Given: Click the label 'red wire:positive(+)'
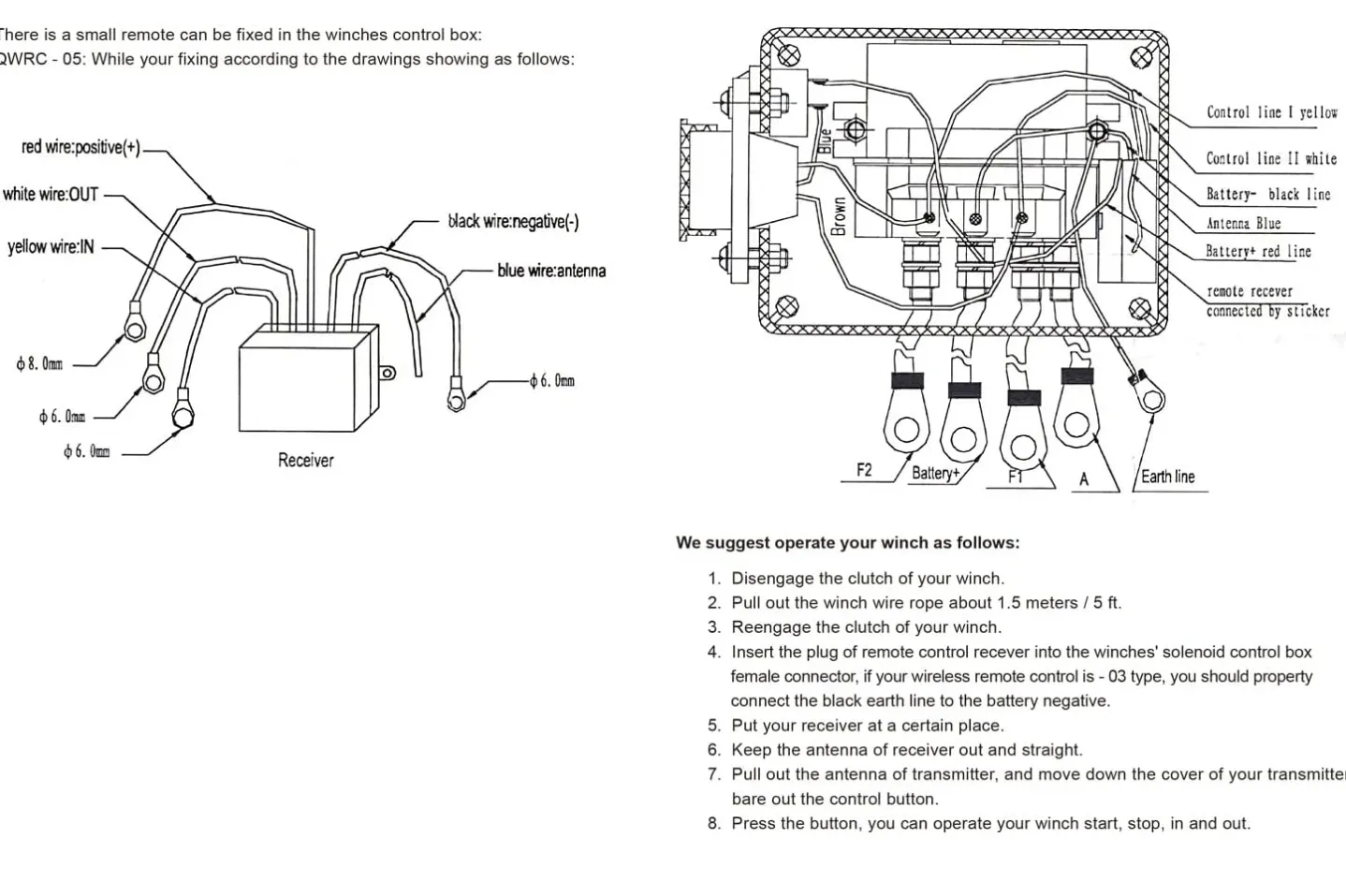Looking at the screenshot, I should click(x=80, y=147).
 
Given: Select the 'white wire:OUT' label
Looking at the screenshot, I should click(x=51, y=195).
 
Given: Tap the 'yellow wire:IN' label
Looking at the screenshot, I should click(x=51, y=247).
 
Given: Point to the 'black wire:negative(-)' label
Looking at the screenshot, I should click(x=513, y=222).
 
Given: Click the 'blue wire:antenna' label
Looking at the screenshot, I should click(x=551, y=271).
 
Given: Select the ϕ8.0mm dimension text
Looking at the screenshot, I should click(x=39, y=364).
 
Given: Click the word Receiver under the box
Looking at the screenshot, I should click(x=305, y=460).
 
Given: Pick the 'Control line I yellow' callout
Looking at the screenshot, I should click(x=1271, y=112).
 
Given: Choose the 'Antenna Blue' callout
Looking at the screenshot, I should click(x=1243, y=224).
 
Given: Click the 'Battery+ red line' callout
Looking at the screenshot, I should click(x=1258, y=252).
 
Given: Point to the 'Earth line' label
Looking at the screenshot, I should click(x=1167, y=477).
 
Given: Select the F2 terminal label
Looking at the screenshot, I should click(x=864, y=470).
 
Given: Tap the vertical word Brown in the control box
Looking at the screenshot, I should click(x=839, y=216).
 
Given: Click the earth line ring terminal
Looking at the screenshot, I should click(x=1150, y=400).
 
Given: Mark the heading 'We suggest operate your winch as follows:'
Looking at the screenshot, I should click(x=847, y=542).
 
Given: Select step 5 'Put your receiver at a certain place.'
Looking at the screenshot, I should click(x=867, y=725).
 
